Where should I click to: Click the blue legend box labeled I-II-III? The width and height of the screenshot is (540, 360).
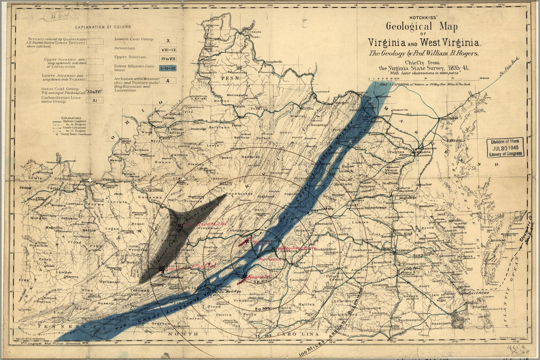point(168,69)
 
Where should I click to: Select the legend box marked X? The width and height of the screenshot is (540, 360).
point(168,41)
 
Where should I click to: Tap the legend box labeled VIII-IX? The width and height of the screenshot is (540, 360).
point(168,50)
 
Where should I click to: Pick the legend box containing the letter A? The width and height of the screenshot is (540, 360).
point(168,81)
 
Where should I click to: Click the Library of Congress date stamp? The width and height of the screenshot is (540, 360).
point(505,148)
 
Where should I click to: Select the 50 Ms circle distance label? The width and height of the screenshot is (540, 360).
point(261,309)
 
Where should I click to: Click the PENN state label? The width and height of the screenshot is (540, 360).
point(231,79)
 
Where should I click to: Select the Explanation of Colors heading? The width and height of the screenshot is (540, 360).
point(103,27)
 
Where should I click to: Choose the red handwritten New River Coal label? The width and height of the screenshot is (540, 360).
point(206,224)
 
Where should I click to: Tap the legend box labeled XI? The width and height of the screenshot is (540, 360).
point(94,100)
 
